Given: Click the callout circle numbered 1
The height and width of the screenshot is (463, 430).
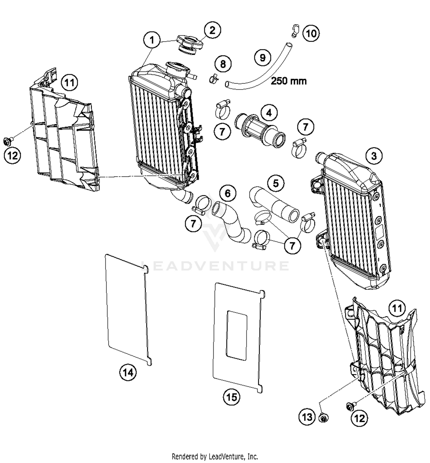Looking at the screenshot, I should click(152, 40).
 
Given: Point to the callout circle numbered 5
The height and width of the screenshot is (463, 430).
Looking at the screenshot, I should click(276, 183).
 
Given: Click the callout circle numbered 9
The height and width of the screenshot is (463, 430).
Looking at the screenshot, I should click(263, 58).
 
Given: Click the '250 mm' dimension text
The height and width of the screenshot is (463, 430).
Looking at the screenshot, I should click(289, 81).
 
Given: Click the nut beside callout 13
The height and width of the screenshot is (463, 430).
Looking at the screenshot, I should click(324, 418).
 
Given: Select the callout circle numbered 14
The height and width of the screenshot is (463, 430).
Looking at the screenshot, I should click(128, 372).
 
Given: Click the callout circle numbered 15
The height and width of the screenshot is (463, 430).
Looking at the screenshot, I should click(232, 397).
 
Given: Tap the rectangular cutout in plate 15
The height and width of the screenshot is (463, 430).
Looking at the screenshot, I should click(237, 335).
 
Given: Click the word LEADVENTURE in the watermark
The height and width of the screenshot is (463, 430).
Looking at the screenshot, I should click(215, 266).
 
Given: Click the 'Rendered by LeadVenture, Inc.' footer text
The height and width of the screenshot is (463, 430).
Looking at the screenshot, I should click(215, 456).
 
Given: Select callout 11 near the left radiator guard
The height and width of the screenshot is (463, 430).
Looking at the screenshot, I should click(70, 83).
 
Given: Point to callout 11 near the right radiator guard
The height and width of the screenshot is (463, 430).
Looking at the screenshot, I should click(397, 308).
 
